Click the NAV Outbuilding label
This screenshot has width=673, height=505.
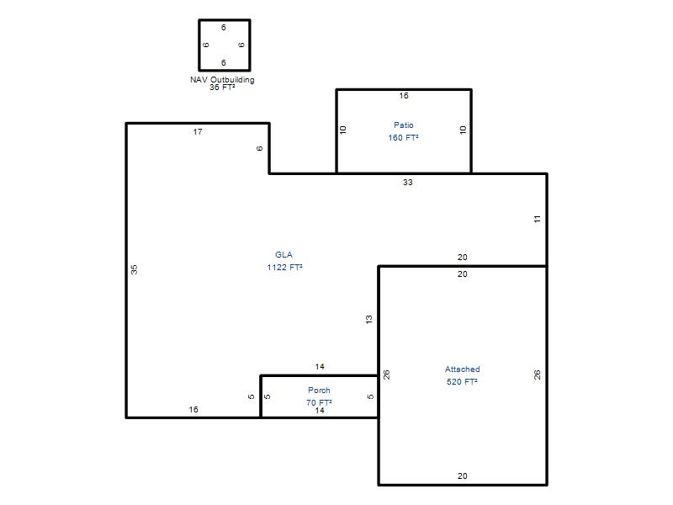pos(222,80)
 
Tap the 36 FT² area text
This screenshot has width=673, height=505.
pos(222,88)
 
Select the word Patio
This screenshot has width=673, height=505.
pos(404,125)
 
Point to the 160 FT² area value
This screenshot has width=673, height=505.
pos(403,137)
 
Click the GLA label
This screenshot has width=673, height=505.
pos(284,255)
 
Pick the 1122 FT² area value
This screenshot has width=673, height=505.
pos(284,267)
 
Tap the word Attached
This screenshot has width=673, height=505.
pos(462,369)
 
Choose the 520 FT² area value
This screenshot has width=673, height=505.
pos(462,382)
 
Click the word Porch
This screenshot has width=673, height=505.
pos(319,390)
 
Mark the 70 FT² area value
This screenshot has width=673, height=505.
pos(319,402)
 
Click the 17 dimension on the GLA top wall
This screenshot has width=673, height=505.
pos(198,132)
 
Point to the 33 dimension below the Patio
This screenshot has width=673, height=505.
pos(407,183)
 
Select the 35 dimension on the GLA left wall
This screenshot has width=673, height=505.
pos(134,269)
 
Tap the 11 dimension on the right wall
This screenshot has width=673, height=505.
pos(537,220)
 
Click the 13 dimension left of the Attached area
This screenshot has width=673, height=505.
pos(368,320)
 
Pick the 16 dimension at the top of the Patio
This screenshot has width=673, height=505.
pos(404,96)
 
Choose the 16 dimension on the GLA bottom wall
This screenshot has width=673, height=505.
pos(193,409)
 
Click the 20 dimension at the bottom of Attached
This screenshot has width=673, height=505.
pos(462,476)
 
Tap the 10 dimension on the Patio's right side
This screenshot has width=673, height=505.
pos(463,130)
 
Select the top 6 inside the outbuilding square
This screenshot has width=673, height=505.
pos(223,28)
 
